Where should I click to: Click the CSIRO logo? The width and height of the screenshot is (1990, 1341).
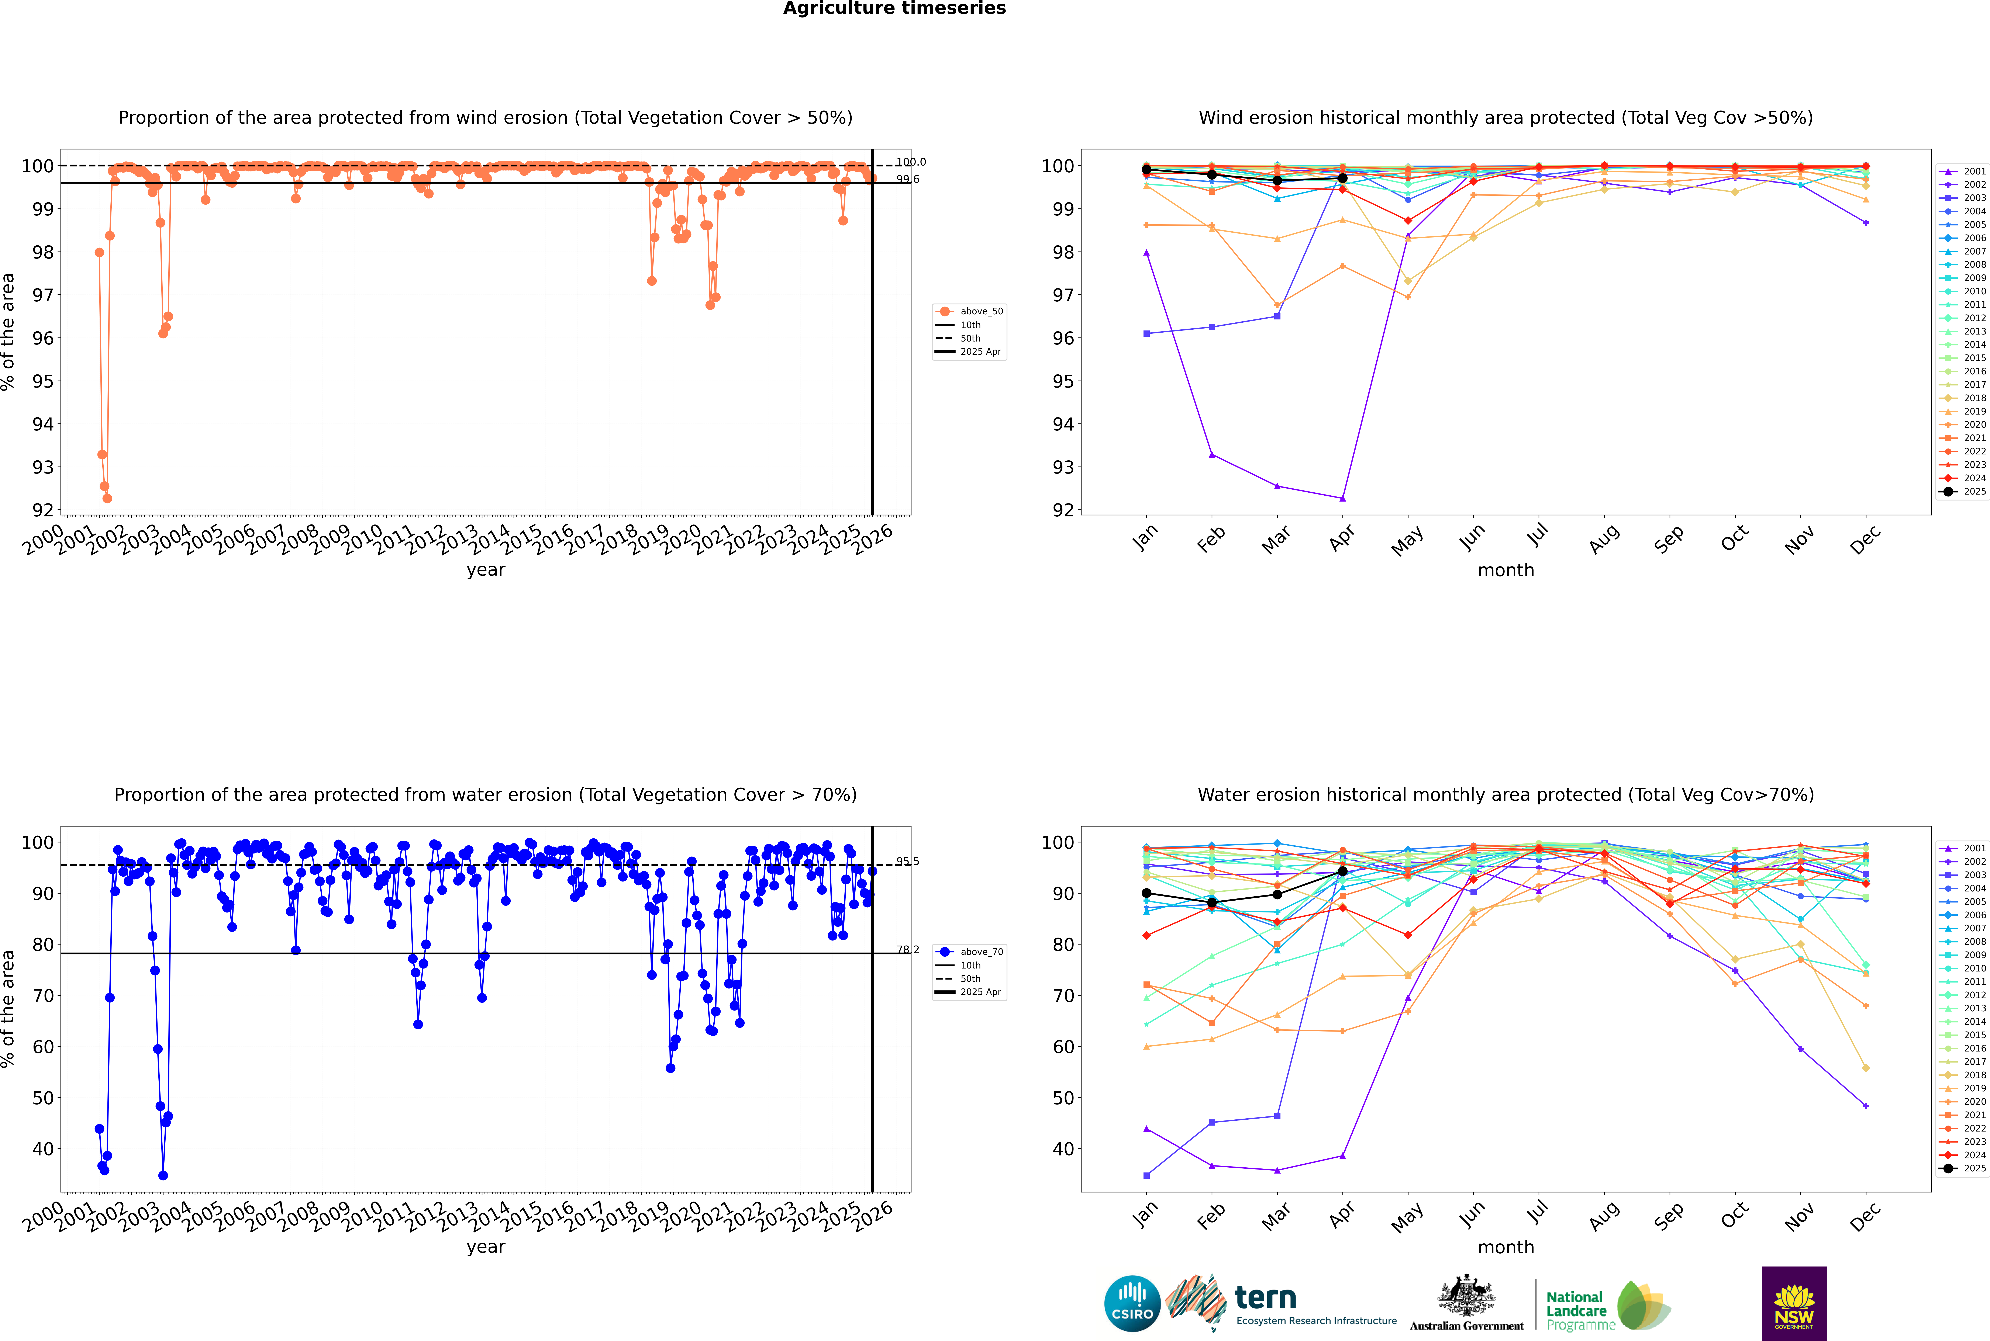click(1132, 1303)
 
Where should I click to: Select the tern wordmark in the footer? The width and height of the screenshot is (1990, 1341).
click(1265, 1298)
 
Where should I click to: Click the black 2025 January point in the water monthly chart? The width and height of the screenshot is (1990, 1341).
click(1146, 893)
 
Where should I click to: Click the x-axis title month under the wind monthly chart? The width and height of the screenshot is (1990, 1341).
click(1506, 571)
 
